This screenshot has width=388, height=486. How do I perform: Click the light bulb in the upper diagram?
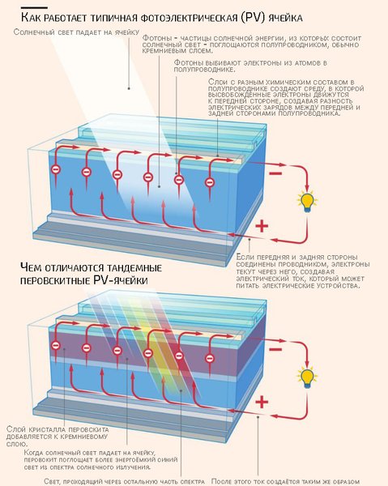tap(308, 202)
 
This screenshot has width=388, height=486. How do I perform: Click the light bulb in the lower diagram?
tap(307, 376)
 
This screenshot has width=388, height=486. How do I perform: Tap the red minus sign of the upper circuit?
tap(275, 173)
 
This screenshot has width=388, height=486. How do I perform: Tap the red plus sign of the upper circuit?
tap(261, 227)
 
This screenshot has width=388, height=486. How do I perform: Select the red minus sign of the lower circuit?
tap(275, 348)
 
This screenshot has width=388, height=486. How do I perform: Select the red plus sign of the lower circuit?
tap(261, 403)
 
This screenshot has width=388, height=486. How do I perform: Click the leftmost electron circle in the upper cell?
tap(55, 170)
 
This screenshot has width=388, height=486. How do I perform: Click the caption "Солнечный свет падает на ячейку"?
tap(74, 32)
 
